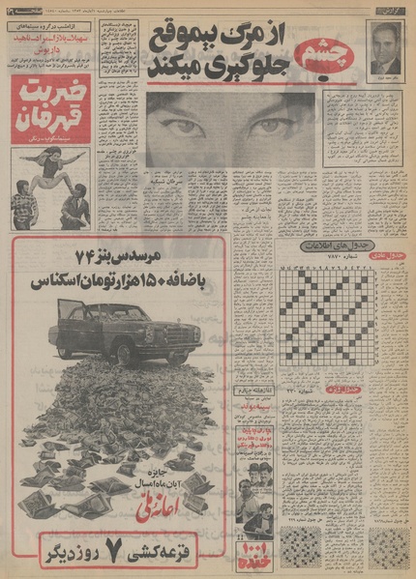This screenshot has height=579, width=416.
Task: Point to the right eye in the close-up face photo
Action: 269,126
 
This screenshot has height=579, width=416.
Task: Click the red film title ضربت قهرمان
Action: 50,105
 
